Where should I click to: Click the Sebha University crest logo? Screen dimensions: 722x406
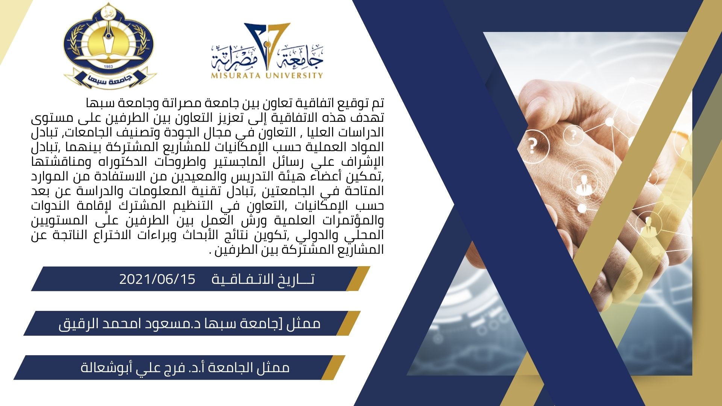pyautogui.click(x=110, y=45)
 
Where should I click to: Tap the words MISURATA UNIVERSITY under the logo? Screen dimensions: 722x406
pyautogui.click(x=267, y=75)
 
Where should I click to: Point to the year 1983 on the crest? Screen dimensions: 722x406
pyautogui.click(x=108, y=67)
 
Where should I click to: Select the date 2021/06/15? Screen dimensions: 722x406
pyautogui.click(x=158, y=279)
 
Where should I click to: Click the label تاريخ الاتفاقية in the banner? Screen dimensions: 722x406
pyautogui.click(x=263, y=279)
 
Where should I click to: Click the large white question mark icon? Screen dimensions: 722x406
pyautogui.click(x=532, y=145)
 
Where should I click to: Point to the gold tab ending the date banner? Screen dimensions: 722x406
pyautogui.click(x=358, y=279)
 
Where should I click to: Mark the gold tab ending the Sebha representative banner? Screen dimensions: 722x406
pyautogui.click(x=349, y=323)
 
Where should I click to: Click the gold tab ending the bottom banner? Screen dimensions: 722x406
pyautogui.click(x=333, y=367)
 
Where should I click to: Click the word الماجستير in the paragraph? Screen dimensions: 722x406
pyautogui.click(x=235, y=162)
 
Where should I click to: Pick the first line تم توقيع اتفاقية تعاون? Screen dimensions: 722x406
pyautogui.click(x=235, y=103)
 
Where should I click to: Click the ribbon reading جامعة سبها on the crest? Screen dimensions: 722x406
pyautogui.click(x=110, y=79)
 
